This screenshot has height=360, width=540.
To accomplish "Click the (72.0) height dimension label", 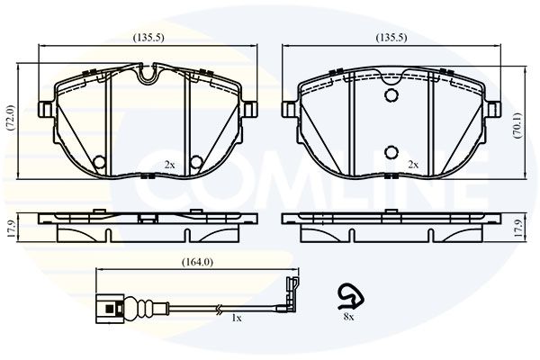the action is [11, 118].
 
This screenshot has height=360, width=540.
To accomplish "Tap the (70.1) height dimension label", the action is [517, 125].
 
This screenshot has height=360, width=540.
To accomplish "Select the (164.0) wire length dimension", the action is [197, 263].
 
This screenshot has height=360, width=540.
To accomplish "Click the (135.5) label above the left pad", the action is [148, 38].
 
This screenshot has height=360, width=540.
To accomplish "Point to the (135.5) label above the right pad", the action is [391, 38].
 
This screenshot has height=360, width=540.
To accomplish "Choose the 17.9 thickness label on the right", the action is [518, 228].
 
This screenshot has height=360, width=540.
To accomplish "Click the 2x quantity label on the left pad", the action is [169, 165].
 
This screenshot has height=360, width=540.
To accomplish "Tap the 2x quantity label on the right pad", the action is [413, 165].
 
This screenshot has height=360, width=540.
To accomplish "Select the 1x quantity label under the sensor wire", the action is [236, 319].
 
